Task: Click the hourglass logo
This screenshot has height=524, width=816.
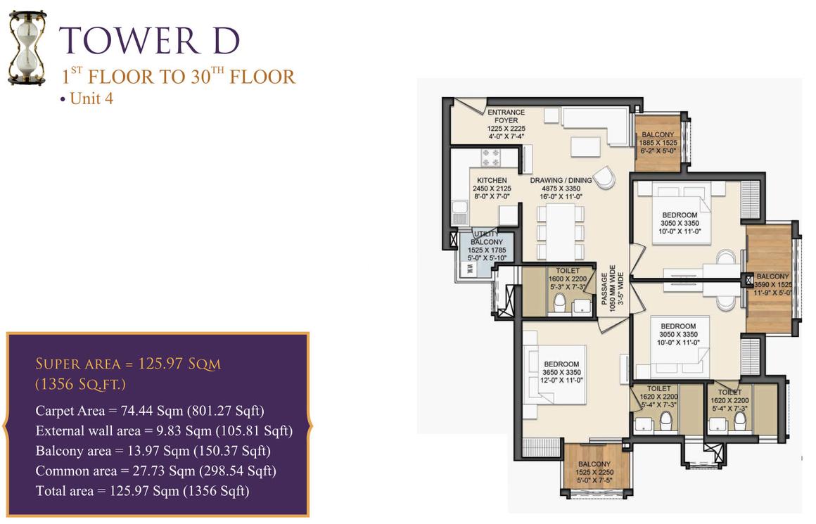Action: (x=27, y=49)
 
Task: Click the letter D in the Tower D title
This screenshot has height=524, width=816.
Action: (x=226, y=41)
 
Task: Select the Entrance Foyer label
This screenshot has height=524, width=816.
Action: (x=506, y=124)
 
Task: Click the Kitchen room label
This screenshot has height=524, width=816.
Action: (x=492, y=188)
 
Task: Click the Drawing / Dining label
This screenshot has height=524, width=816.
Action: (x=561, y=188)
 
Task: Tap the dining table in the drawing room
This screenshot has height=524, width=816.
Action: (x=561, y=231)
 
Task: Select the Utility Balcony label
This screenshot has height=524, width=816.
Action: (x=487, y=246)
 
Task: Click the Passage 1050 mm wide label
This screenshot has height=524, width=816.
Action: (x=612, y=288)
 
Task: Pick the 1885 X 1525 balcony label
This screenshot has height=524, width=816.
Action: (x=658, y=143)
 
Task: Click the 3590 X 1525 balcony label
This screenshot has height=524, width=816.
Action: (x=773, y=285)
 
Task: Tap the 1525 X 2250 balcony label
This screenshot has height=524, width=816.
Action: (x=594, y=472)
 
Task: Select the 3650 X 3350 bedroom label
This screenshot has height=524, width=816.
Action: (x=561, y=372)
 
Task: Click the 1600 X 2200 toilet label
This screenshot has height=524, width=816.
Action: (x=568, y=279)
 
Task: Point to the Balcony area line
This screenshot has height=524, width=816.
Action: (x=153, y=451)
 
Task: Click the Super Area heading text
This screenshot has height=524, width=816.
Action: (x=128, y=373)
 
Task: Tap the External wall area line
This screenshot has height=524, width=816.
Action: (x=164, y=431)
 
